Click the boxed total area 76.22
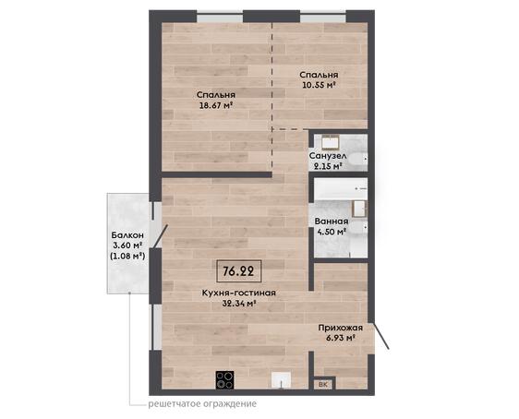238,271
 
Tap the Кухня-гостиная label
239,293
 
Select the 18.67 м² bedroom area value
215,105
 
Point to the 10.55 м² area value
319,85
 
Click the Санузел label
328,156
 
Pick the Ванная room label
332,221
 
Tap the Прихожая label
341,328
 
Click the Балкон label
127,235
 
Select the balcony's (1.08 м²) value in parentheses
127,256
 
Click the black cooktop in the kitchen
224,379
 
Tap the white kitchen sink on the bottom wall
282,380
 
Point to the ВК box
323,384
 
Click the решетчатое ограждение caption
202,404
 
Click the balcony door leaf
161,236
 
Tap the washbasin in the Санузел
331,142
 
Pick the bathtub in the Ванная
341,189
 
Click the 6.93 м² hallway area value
341,338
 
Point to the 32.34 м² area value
239,303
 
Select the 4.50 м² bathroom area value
332,231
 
